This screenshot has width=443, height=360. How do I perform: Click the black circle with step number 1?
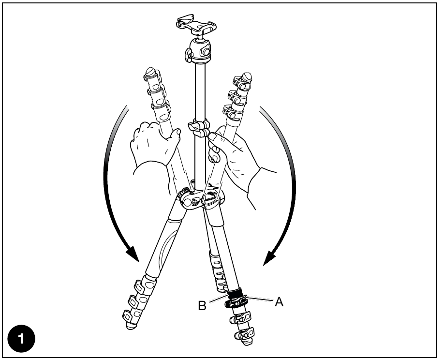(x=21, y=339)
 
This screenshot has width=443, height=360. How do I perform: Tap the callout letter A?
(x=279, y=302)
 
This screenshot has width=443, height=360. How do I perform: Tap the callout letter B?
(x=202, y=305)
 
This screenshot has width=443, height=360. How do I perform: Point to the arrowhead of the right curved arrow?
(x=269, y=256)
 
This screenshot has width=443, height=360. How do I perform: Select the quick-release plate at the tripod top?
(x=197, y=24)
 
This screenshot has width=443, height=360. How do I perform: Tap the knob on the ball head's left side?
(x=188, y=54)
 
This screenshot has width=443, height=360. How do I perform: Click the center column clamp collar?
(x=199, y=128)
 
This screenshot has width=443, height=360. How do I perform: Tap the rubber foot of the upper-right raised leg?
(x=247, y=76)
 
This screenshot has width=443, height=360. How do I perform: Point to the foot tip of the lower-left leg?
(x=131, y=326)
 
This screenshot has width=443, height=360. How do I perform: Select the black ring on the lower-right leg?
(x=235, y=293)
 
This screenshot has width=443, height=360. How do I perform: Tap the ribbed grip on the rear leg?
(x=218, y=271)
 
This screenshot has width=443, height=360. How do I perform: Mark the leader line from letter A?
(x=259, y=298)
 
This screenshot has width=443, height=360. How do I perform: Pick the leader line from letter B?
(x=219, y=299)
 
